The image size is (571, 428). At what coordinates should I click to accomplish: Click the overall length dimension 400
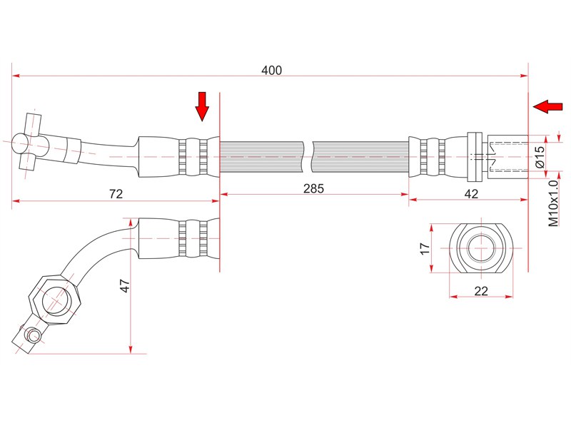pyautogui.click(x=272, y=70)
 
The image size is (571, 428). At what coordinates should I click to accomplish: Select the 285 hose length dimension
pyautogui.click(x=313, y=188)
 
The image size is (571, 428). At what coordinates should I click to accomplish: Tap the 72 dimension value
pyautogui.click(x=116, y=193)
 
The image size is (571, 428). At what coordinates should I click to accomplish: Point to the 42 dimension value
pyautogui.click(x=471, y=193)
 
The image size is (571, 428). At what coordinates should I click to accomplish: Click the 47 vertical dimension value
pyautogui.click(x=125, y=286)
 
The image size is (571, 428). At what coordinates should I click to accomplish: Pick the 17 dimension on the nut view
pyautogui.click(x=425, y=248)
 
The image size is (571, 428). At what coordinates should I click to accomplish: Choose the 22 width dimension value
pyautogui.click(x=481, y=291)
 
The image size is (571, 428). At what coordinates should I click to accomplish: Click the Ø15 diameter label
pyautogui.click(x=540, y=156)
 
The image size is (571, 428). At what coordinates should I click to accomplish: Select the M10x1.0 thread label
pyautogui.click(x=553, y=203)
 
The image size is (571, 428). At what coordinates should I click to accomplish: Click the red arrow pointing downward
pyautogui.click(x=202, y=106)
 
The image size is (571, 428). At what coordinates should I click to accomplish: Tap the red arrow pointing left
pyautogui.click(x=547, y=106)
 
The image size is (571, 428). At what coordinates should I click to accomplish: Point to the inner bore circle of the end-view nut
pyautogui.click(x=481, y=248)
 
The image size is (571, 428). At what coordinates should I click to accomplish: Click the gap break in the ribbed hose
pyautogui.click(x=308, y=156)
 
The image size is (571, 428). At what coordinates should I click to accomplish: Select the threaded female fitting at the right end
pyautogui.click(x=507, y=156)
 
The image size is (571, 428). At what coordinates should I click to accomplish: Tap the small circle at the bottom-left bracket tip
pyautogui.click(x=34, y=335)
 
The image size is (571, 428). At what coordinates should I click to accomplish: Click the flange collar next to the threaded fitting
pyautogui.click(x=475, y=157)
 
